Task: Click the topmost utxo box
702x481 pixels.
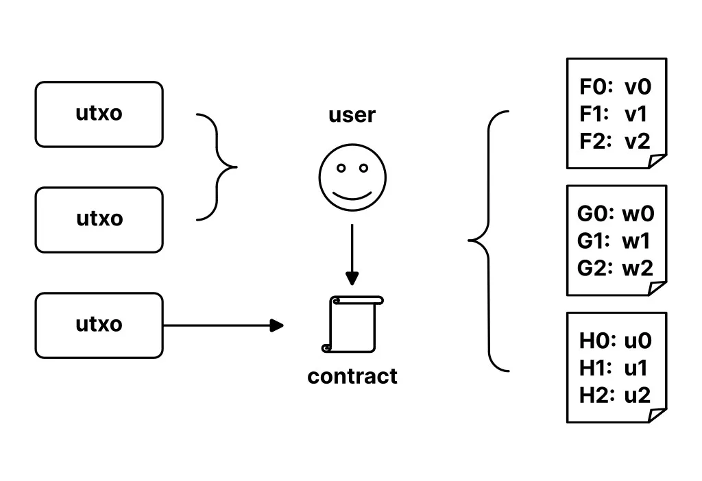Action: click(x=99, y=114)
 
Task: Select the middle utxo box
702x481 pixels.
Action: click(x=99, y=219)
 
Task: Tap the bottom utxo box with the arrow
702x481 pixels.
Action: click(x=99, y=325)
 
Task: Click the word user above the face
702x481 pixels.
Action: click(x=352, y=115)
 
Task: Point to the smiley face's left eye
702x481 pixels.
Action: click(x=341, y=168)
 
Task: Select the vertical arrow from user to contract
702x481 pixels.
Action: click(x=352, y=254)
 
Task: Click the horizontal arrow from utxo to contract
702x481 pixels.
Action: click(x=223, y=325)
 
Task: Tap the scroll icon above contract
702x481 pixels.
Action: click(x=354, y=324)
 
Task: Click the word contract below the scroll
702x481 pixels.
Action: click(x=352, y=376)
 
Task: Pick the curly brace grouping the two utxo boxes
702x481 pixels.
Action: click(x=219, y=166)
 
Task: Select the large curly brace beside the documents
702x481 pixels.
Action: click(x=488, y=241)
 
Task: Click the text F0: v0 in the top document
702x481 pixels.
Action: click(x=615, y=87)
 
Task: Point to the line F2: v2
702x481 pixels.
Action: click(x=614, y=141)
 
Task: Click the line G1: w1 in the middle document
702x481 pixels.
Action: click(x=614, y=241)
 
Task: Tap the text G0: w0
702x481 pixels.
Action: click(x=615, y=214)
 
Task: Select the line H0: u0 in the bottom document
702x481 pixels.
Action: click(x=615, y=341)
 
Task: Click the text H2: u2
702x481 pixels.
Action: click(x=614, y=395)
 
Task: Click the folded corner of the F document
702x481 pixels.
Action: click(x=657, y=161)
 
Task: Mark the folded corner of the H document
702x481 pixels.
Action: click(x=657, y=415)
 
